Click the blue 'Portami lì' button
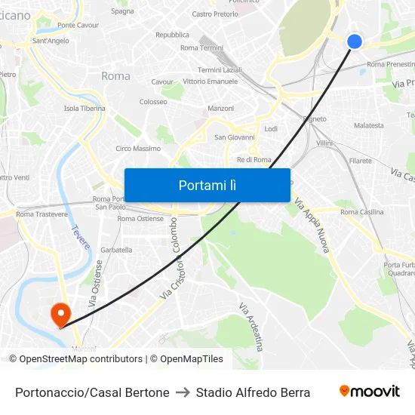point(207,185)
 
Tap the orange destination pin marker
point(60,313)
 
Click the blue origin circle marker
point(355,41)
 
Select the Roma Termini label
point(201,48)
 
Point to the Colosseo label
point(153,101)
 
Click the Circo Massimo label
point(137,149)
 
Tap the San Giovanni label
point(235,137)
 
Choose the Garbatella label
point(116,250)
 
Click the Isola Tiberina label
point(85,108)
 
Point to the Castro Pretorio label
point(215,14)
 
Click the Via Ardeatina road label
point(251,327)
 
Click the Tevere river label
point(81,237)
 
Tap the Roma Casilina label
point(361,212)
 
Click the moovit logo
point(369,392)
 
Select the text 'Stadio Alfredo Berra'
point(253,392)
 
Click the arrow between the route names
point(183,392)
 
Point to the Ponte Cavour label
point(78,25)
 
